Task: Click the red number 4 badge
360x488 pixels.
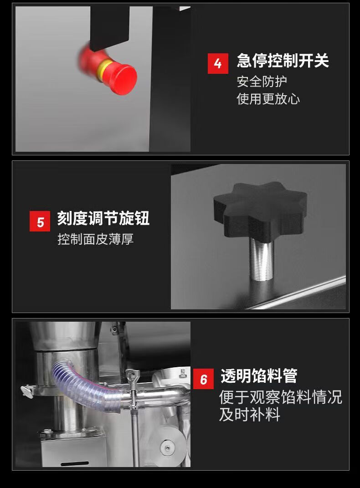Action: coord(218,63)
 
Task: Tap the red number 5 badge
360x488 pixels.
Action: coord(40,221)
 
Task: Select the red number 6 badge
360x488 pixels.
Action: coord(204,379)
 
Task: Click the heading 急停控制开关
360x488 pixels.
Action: coord(283,61)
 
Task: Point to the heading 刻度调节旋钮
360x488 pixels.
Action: coord(103,218)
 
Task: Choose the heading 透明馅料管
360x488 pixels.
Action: coord(259,375)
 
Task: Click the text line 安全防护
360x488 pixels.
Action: coord(262,82)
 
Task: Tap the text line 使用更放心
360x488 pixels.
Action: coord(268,99)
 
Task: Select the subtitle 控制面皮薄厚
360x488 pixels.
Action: coord(96,239)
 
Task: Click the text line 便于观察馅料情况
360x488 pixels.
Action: coord(281,397)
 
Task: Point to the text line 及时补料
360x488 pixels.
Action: coord(250,415)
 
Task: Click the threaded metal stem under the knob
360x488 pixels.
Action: coord(262,260)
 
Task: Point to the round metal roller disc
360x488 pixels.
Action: coord(169,448)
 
